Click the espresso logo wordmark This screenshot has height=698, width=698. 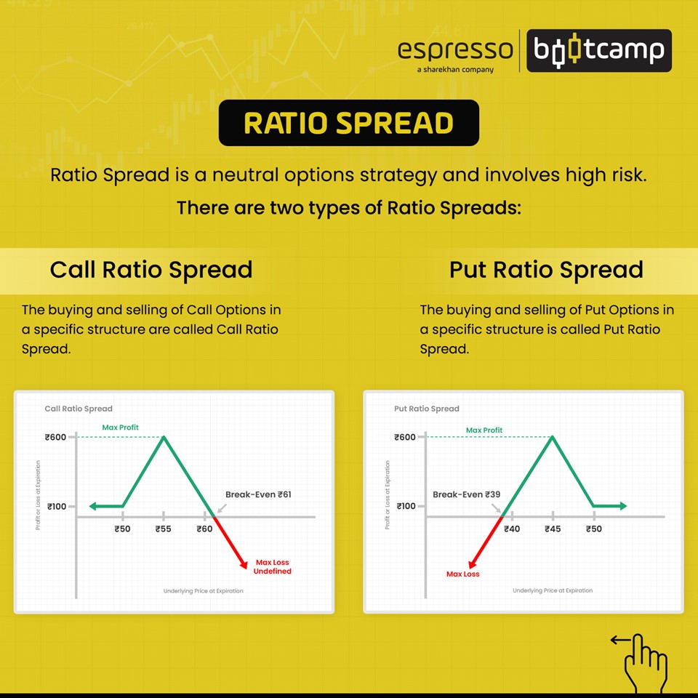click(455, 50)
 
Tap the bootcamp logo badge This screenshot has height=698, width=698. click(598, 50)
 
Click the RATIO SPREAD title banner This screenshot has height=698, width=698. click(348, 123)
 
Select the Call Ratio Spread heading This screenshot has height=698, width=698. click(151, 270)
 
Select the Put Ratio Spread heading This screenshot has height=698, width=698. click(546, 270)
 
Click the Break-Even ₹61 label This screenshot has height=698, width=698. click(258, 494)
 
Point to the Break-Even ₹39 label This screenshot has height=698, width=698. click(467, 494)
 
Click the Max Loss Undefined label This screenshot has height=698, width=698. click(273, 567)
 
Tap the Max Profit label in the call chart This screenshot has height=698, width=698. click(121, 428)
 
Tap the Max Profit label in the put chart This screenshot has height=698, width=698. click(484, 430)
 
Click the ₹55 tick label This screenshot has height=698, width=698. click(163, 529)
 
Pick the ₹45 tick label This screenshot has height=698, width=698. click(553, 529)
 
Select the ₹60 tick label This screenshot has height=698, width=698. click(204, 529)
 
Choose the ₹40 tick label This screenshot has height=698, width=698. click(512, 529)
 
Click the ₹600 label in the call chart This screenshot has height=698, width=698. click(55, 437)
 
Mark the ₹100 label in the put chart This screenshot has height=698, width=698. click(406, 506)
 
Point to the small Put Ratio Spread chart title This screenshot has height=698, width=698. click(427, 409)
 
